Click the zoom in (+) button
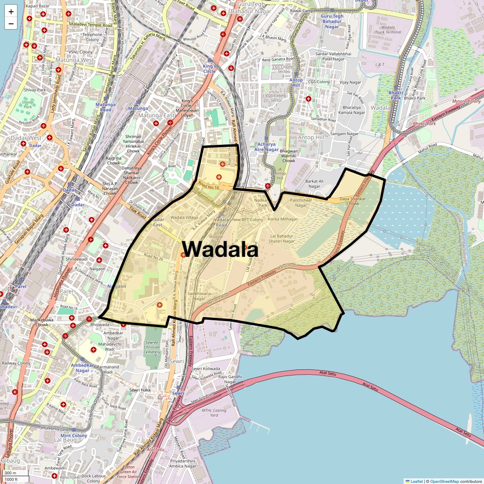point(11,12)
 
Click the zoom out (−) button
point(11,23)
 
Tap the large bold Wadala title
point(220,249)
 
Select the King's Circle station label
point(209,69)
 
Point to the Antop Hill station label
point(296,83)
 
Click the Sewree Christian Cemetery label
point(152,347)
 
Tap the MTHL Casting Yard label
point(214,413)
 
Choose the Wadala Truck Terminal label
point(388,29)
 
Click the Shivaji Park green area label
point(27,104)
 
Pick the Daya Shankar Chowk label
point(353,201)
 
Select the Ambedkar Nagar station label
point(82,368)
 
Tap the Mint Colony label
point(74,436)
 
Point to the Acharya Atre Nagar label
point(266,147)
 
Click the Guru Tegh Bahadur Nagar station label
point(332,21)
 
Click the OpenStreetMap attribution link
point(444,481)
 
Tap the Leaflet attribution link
point(416,481)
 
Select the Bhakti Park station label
point(396,95)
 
